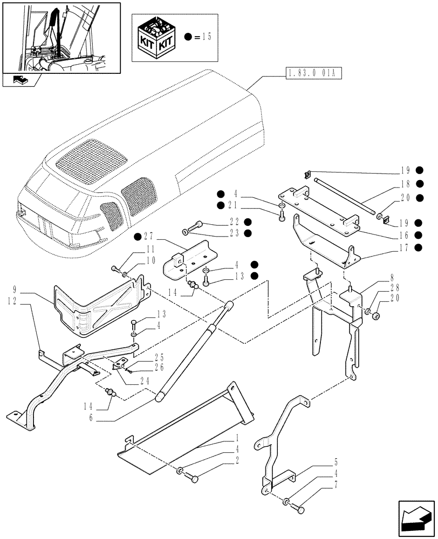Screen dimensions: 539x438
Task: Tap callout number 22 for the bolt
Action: coord(232,222)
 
